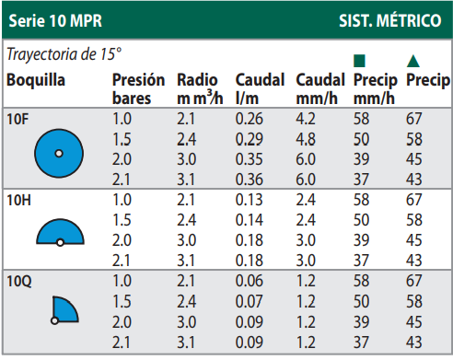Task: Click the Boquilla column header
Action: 36,81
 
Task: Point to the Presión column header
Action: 138,81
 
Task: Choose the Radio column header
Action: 196,81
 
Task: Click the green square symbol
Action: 359,60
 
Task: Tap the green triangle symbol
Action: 414,60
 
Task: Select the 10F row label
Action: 17,118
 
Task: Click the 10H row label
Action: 18,199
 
